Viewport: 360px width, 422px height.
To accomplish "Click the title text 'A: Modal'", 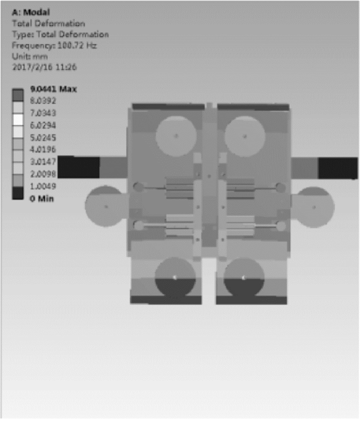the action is pos(31,12).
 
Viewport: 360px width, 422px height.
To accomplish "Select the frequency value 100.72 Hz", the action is pos(77,45).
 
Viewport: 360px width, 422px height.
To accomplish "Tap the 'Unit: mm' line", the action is pos(30,57).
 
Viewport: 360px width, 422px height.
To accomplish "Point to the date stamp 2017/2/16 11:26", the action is pos(44,67).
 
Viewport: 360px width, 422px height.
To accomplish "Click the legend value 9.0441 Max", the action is pos(53,89).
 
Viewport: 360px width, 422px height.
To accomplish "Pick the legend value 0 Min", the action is pos(42,198).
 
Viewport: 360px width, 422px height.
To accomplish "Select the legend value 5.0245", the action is pos(43,138).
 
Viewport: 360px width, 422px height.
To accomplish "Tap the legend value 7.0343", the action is pos(43,113).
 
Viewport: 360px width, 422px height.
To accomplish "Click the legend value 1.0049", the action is pos(43,186).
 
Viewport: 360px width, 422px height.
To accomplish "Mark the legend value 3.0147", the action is pos(43,162).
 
